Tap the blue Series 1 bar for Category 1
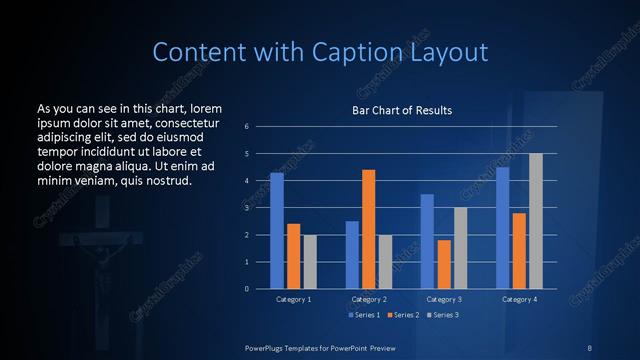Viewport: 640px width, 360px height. pyautogui.click(x=277, y=230)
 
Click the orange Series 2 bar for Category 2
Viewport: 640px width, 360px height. pyautogui.click(x=368, y=229)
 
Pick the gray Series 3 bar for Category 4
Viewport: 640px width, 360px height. pyautogui.click(x=536, y=221)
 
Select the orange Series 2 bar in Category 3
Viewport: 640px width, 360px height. pyautogui.click(x=444, y=264)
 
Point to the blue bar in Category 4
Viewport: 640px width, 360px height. pyautogui.click(x=503, y=228)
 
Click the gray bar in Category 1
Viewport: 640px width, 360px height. pyautogui.click(x=310, y=261)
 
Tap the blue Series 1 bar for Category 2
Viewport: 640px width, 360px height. pyautogui.click(x=352, y=254)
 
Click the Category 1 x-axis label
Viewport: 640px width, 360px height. pyautogui.click(x=293, y=299)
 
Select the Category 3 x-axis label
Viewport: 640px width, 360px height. pyautogui.click(x=444, y=299)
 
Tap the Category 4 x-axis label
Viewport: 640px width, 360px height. pyautogui.click(x=519, y=299)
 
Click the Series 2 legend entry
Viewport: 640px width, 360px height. pyautogui.click(x=401, y=315)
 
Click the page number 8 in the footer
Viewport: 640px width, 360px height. pyautogui.click(x=590, y=347)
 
